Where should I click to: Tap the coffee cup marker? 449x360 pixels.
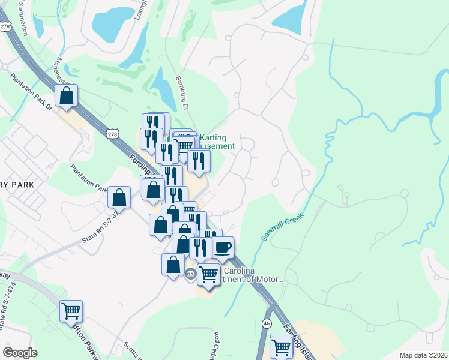coord(223,247)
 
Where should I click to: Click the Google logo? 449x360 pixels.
coord(20,352)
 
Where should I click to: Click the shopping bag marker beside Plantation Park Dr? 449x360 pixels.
coord(66,95)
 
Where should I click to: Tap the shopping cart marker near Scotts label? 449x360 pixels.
coord(71,311)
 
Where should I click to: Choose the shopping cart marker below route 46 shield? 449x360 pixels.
coord(281,346)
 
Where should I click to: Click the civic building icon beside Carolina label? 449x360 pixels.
coord(191,275)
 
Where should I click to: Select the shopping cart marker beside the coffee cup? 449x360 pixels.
coord(208,274)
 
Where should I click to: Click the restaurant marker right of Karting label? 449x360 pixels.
coord(199,160)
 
